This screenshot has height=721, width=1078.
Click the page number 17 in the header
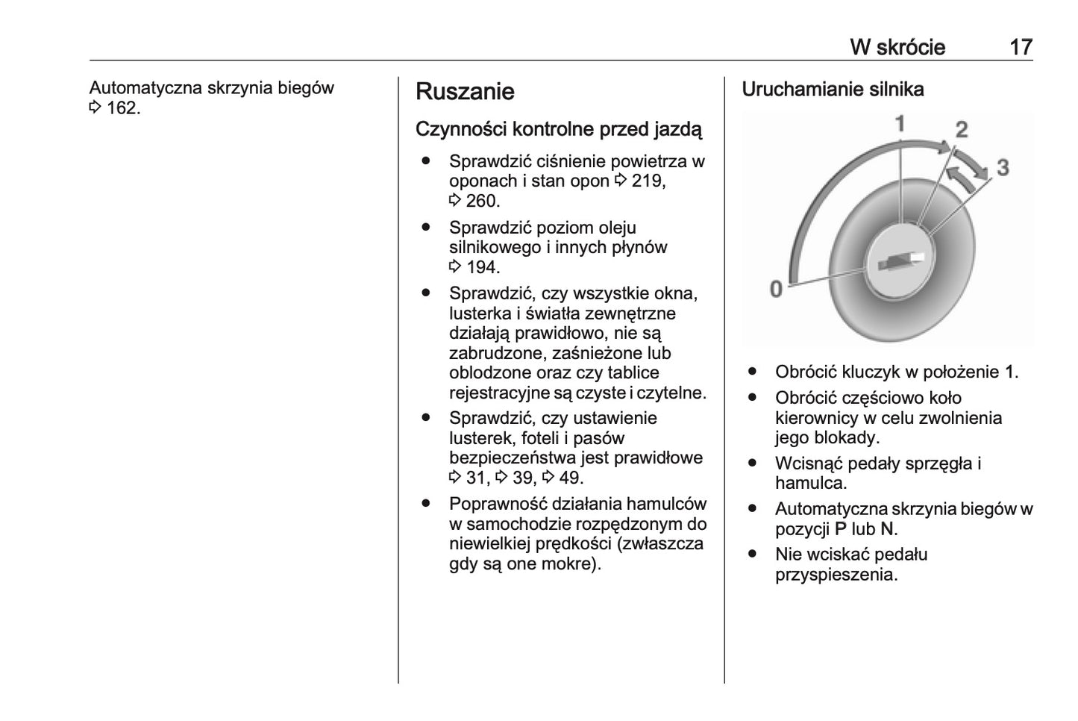point(1021,47)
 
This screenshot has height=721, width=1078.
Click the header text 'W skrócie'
point(897,47)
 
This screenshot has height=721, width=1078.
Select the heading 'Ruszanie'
point(465,92)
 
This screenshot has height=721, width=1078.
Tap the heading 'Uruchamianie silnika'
point(833,90)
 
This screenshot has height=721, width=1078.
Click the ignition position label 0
point(776,289)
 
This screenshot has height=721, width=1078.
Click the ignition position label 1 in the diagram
point(900,124)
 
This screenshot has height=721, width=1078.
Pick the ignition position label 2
point(962,130)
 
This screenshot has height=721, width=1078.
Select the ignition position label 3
point(1002,167)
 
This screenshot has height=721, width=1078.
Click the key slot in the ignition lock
point(901,262)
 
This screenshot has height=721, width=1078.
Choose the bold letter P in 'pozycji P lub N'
point(841,529)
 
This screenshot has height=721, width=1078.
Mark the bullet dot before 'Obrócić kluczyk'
point(753,371)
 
